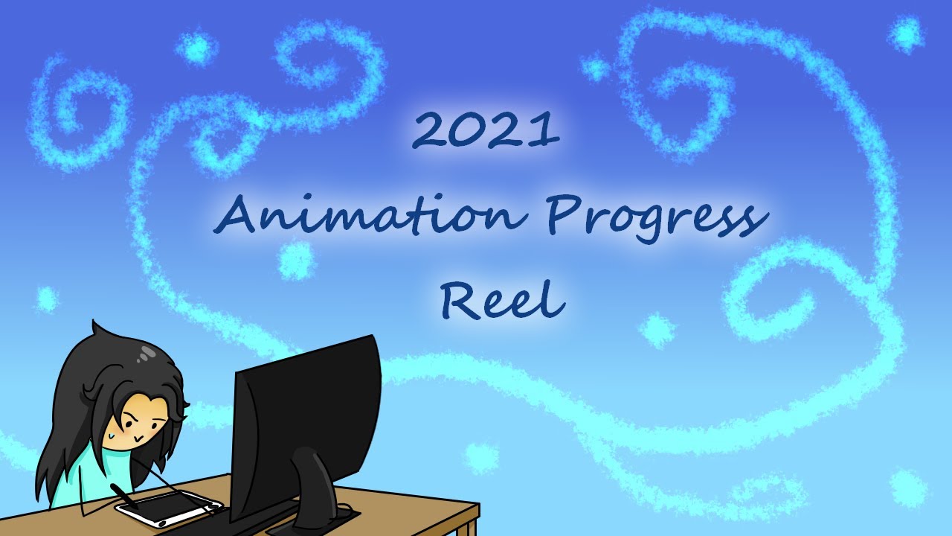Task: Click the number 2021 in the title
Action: (485, 130)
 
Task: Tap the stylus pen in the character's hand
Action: (123, 496)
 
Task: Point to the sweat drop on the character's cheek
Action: (110, 430)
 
